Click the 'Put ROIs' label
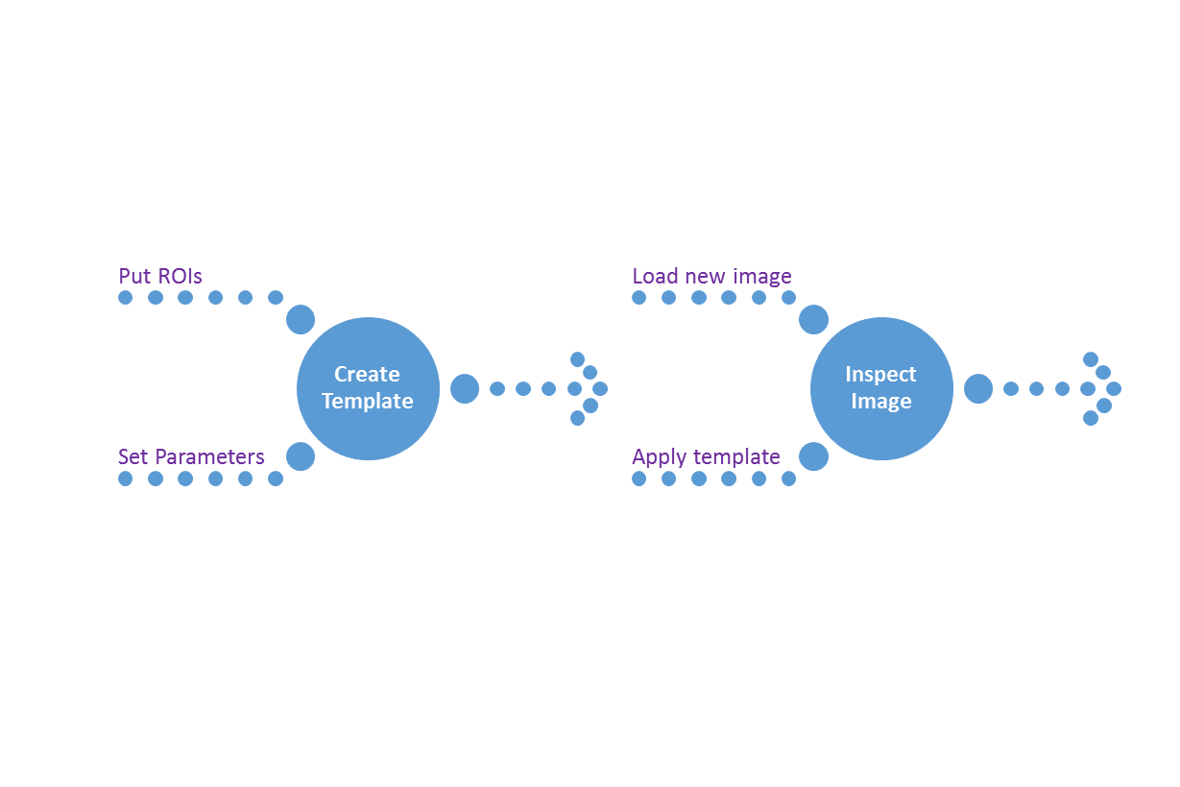(x=160, y=276)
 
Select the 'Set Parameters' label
(x=191, y=456)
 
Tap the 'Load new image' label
(x=711, y=276)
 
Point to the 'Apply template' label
(x=706, y=457)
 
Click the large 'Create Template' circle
(x=369, y=388)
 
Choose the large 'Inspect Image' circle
(x=881, y=388)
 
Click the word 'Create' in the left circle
(x=367, y=374)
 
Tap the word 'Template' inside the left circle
(x=368, y=401)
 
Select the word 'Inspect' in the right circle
(x=880, y=375)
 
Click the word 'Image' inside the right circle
(x=881, y=402)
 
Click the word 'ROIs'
(x=181, y=276)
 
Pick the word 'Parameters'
(x=209, y=457)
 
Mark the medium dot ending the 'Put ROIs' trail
(x=301, y=319)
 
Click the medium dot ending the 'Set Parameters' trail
(x=301, y=456)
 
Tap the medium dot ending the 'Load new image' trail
(x=813, y=319)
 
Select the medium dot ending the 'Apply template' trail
(x=813, y=456)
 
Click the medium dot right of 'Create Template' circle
(x=465, y=389)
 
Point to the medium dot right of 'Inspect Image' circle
(x=978, y=389)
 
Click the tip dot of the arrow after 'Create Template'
(x=600, y=389)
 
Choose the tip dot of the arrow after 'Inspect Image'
(x=1114, y=389)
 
